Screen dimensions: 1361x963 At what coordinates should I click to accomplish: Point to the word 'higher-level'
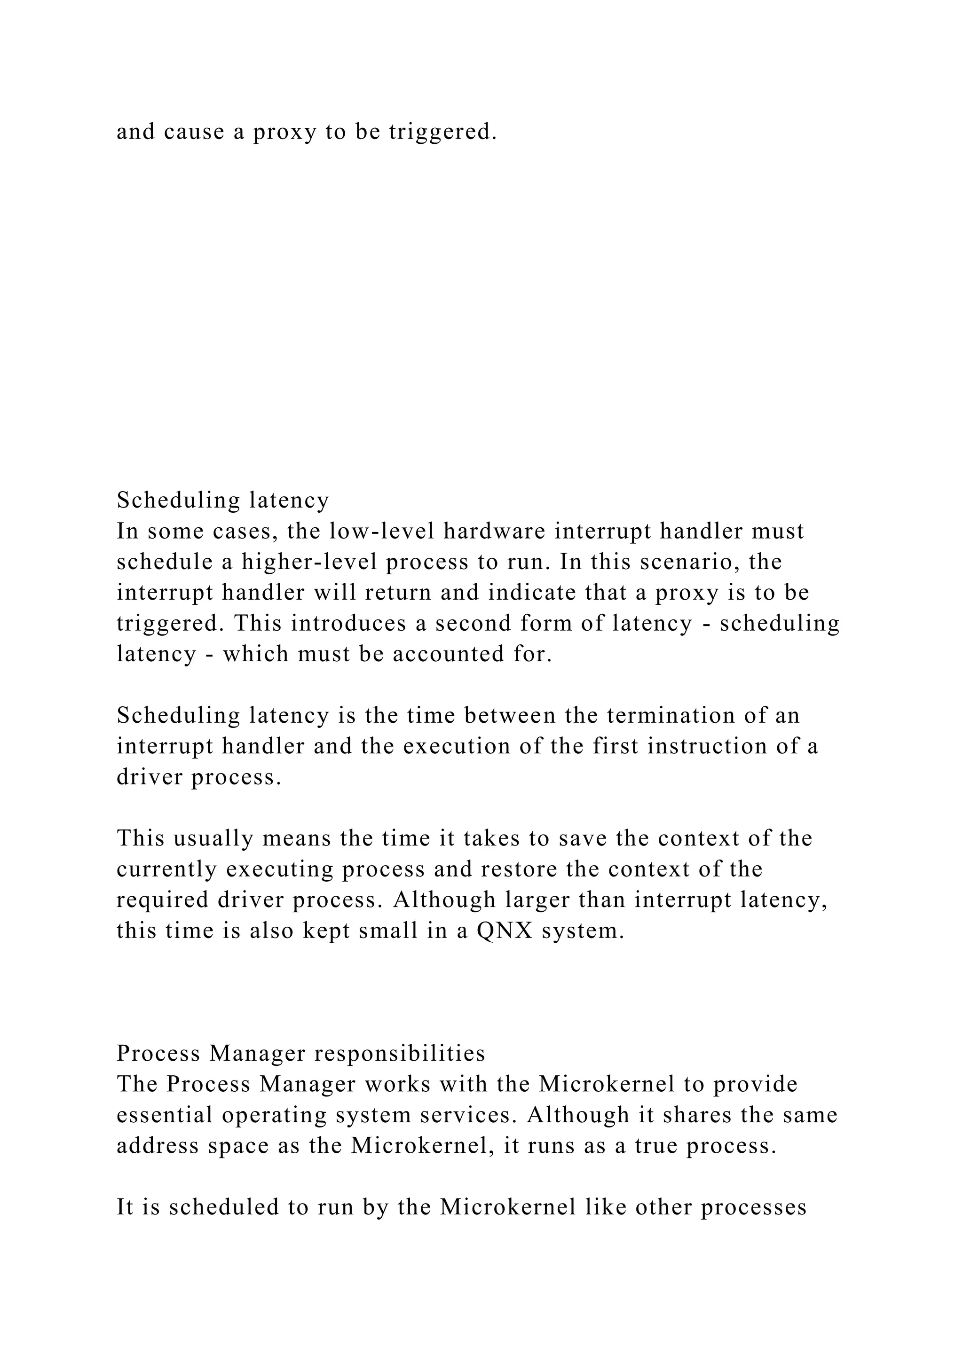click(309, 562)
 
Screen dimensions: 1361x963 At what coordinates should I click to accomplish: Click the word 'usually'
click(215, 839)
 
